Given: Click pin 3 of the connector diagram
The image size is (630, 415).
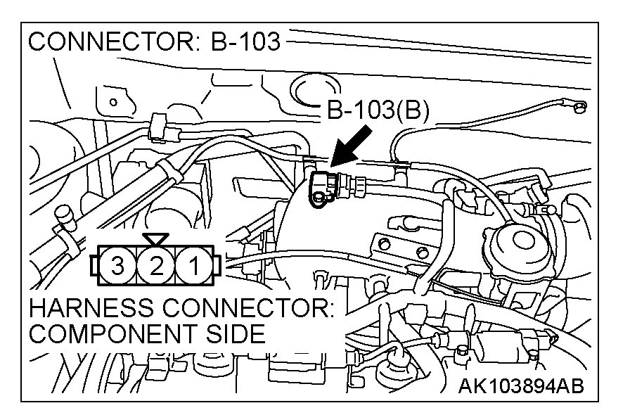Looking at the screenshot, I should point(118,266).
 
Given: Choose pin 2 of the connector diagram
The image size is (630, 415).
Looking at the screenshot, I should point(156,266).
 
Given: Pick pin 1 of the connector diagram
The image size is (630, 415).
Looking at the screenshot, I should point(192,266).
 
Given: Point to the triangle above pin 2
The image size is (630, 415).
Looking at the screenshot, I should point(155,239).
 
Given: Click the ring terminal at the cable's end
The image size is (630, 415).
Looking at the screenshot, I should point(580,108).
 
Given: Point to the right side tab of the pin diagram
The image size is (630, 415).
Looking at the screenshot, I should point(217,266).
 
